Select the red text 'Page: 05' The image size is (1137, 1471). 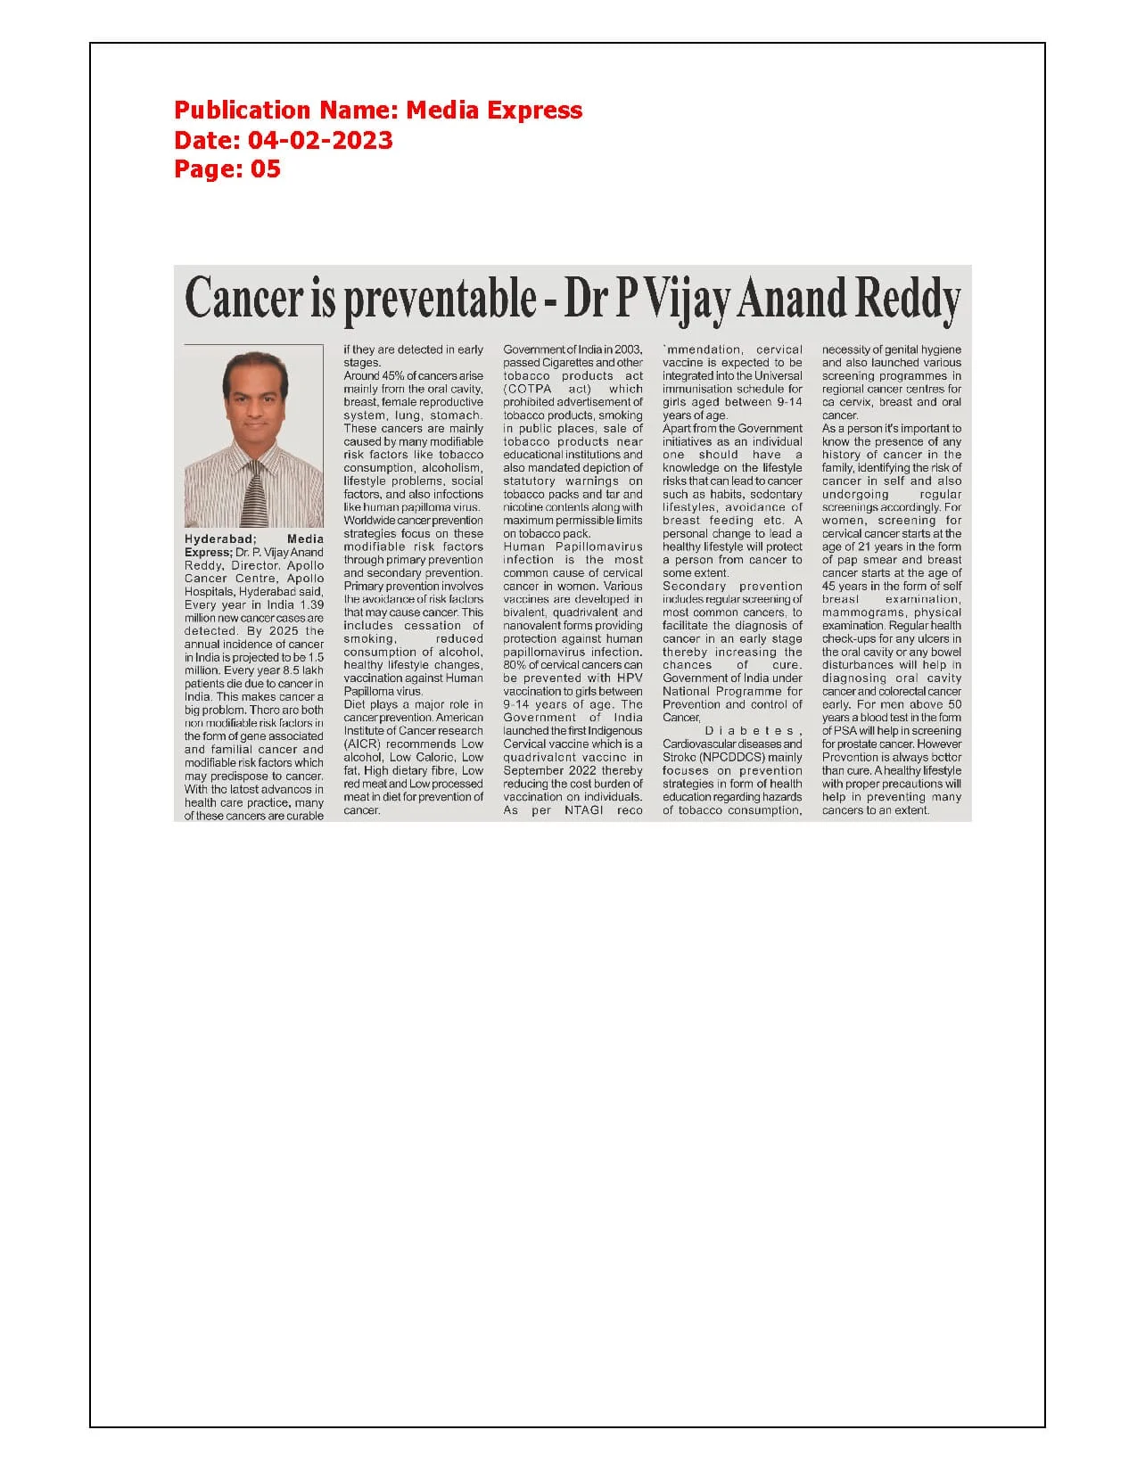[x=227, y=168]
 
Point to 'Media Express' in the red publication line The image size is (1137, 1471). [x=494, y=111]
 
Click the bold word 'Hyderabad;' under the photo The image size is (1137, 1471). [x=220, y=539]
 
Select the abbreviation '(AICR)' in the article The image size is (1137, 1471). [x=362, y=744]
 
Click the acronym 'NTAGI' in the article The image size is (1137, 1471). [x=585, y=809]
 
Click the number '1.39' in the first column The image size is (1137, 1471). [x=311, y=604]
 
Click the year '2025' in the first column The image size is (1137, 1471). [x=284, y=630]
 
